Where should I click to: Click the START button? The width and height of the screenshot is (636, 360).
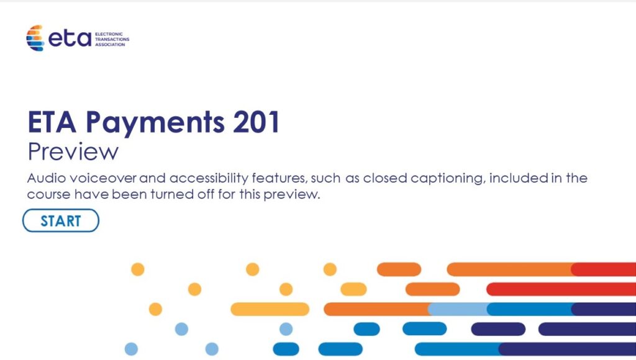[61, 220]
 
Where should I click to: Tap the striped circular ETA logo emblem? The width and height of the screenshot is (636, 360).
[35, 38]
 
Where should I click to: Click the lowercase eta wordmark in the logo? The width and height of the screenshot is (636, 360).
[70, 38]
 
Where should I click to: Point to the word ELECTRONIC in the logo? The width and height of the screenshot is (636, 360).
[109, 34]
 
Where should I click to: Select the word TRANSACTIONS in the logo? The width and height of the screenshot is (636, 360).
[112, 39]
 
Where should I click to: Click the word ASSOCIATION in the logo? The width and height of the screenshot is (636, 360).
[110, 45]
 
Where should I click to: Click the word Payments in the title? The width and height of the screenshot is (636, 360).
[155, 122]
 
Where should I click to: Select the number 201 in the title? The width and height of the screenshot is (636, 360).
[257, 122]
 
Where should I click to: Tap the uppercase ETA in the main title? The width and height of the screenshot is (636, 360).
[52, 122]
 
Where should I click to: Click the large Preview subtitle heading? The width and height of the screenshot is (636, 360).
[73, 151]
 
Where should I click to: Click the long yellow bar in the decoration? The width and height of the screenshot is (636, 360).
[270, 309]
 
